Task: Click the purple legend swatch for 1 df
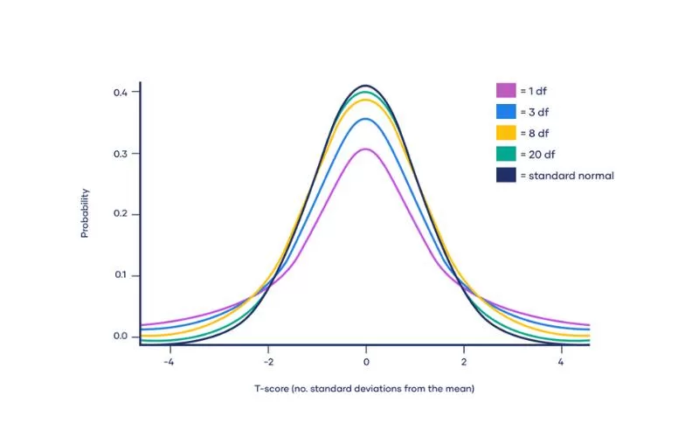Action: click(506, 89)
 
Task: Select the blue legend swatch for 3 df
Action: click(506, 111)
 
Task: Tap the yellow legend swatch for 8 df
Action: click(506, 132)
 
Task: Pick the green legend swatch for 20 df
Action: click(506, 154)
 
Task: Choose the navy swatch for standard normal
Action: click(506, 175)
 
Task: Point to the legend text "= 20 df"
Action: click(537, 154)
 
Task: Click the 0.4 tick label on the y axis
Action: click(121, 92)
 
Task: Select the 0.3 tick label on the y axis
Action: click(121, 153)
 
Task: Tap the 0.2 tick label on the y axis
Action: click(121, 214)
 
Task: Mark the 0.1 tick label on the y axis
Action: click(121, 275)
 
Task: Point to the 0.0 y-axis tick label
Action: click(121, 336)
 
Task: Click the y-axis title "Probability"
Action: click(85, 214)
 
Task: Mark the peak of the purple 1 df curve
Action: click(366, 149)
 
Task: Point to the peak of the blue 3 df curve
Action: click(366, 119)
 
